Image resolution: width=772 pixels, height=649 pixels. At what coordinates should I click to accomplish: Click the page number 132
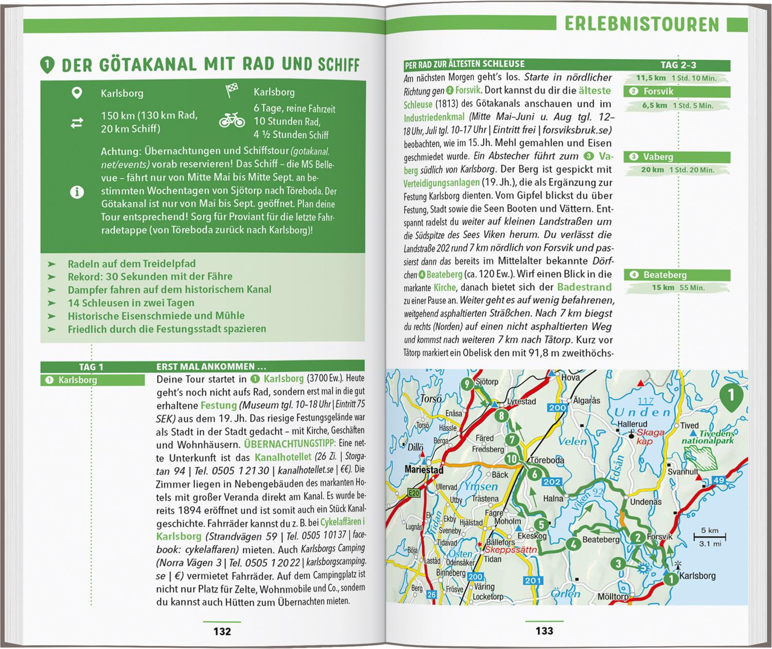[x=222, y=631]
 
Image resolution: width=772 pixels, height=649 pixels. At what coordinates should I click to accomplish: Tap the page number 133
[x=544, y=631]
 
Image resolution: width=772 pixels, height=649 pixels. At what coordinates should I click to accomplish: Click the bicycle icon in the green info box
[x=232, y=121]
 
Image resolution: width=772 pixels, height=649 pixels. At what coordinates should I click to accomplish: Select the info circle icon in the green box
[x=77, y=192]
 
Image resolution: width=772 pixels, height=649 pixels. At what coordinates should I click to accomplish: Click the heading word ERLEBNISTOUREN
[x=641, y=24]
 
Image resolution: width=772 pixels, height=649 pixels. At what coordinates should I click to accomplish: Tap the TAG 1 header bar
[x=92, y=367]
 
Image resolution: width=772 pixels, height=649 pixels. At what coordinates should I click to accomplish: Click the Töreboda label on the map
[x=546, y=460]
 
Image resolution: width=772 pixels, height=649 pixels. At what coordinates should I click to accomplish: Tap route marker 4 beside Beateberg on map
[x=572, y=545]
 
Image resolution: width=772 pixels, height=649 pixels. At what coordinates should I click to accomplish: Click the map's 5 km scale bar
[x=710, y=537]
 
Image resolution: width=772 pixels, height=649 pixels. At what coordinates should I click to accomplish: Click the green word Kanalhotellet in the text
[x=283, y=457]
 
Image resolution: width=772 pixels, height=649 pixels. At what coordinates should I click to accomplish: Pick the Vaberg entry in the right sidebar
[x=677, y=157]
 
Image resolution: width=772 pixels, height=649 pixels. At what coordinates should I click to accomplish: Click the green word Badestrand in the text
[x=584, y=287]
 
